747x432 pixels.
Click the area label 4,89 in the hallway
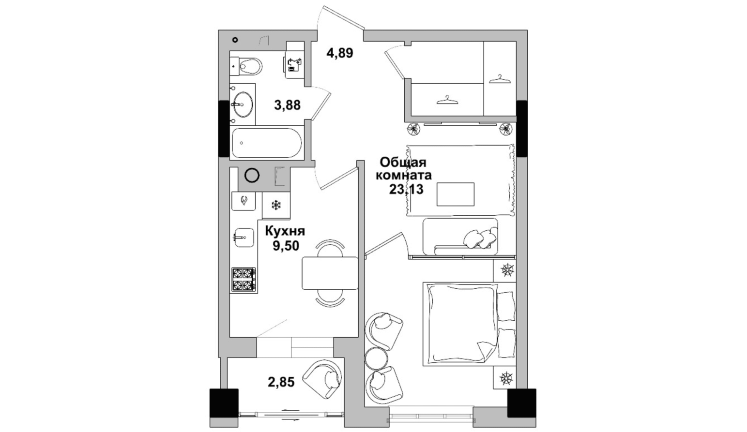[339, 53]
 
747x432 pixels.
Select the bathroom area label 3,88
[288, 105]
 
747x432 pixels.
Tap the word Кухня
[285, 231]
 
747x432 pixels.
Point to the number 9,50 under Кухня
[286, 246]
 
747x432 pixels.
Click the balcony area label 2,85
[281, 382]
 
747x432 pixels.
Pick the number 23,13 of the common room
[406, 189]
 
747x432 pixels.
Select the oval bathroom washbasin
[243, 104]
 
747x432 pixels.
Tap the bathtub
[267, 143]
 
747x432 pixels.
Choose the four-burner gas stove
[244, 280]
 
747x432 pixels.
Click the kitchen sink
[244, 238]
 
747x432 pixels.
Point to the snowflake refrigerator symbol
[276, 205]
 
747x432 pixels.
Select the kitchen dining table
[330, 273]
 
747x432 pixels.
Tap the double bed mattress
[460, 324]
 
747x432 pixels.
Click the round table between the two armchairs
[377, 359]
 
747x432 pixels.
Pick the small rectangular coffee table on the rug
[456, 194]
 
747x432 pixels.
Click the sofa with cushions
[460, 236]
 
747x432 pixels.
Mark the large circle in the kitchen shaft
[252, 175]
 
